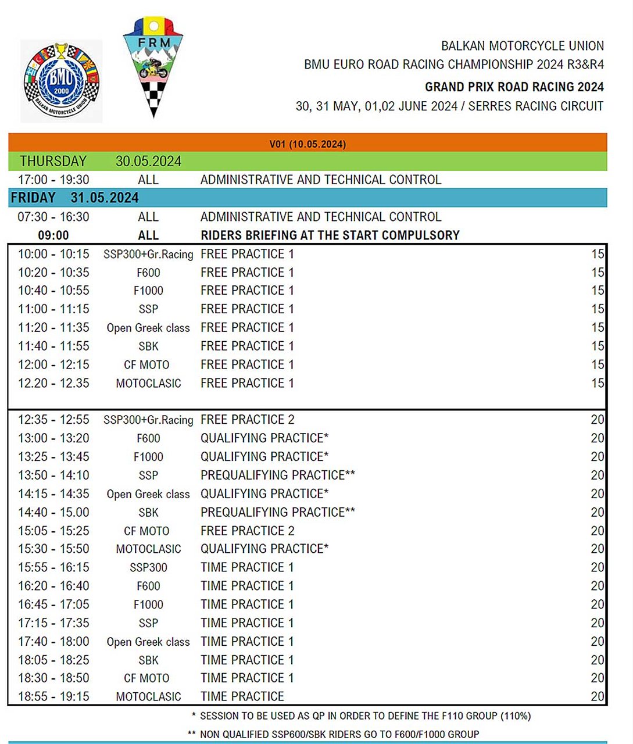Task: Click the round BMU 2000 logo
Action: [x=61, y=81]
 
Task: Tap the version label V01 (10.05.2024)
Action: [x=307, y=144]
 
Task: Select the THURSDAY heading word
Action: [x=53, y=161]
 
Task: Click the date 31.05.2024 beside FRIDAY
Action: [x=105, y=198]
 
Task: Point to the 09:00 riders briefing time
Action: [x=53, y=235]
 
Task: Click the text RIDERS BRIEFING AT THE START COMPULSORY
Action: [x=330, y=235]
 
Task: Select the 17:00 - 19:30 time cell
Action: [x=53, y=180]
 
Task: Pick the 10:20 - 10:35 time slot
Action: [x=53, y=273]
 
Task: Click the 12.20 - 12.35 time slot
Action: [x=53, y=384]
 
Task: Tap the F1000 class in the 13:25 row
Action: [x=148, y=457]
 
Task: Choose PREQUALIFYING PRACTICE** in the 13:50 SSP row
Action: [x=277, y=475]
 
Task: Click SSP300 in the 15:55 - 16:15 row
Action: [x=148, y=568]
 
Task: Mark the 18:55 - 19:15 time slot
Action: [x=53, y=696]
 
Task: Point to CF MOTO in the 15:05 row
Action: [x=146, y=531]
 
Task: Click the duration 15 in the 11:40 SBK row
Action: [x=597, y=346]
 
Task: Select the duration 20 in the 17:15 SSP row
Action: [x=597, y=623]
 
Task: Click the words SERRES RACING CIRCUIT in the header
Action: [x=535, y=106]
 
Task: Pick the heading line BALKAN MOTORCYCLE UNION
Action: [x=522, y=46]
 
